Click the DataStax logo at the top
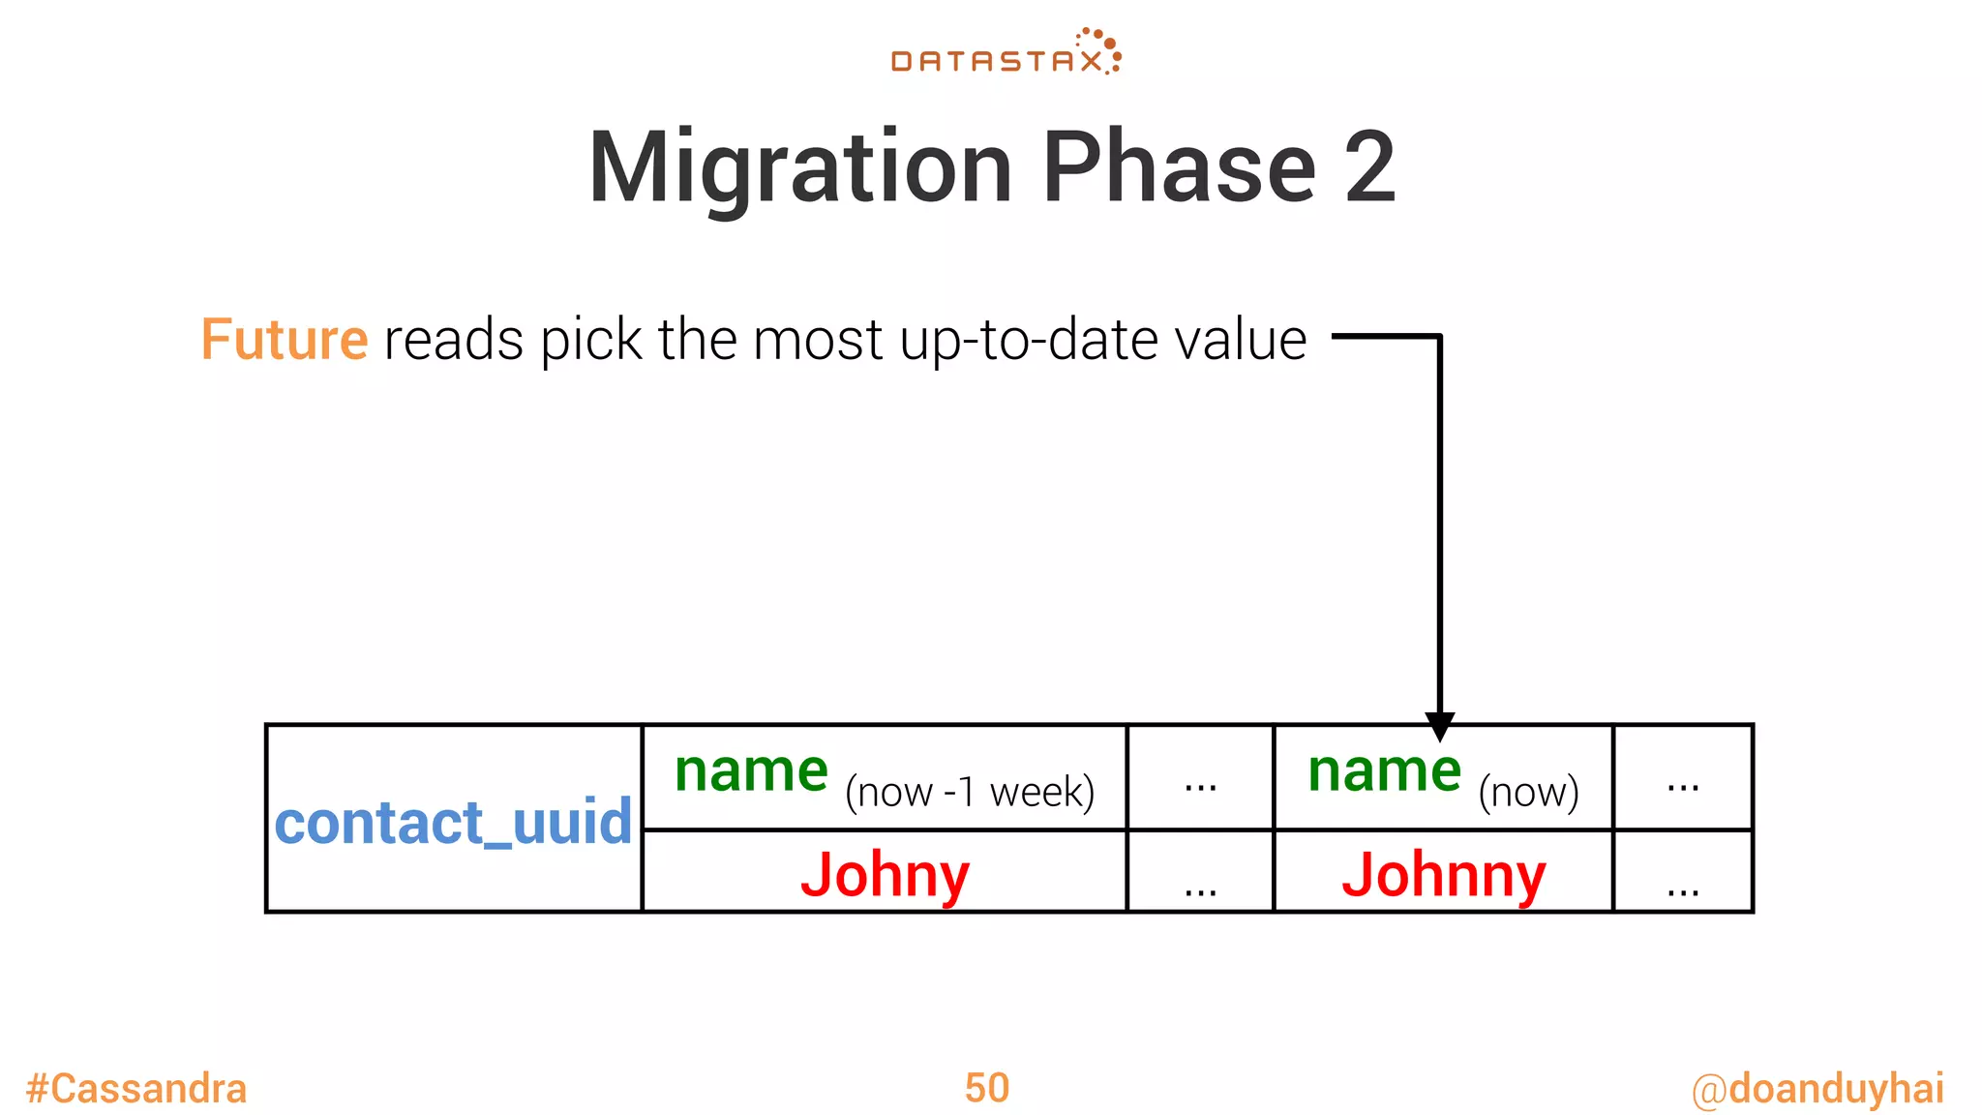(1006, 53)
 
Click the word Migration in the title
(799, 168)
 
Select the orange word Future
(284, 340)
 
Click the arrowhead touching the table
(1439, 726)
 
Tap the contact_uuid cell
(453, 822)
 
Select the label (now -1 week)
(970, 792)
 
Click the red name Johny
(885, 875)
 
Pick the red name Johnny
(1443, 875)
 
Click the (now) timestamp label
(1528, 792)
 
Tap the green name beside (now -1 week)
(751, 771)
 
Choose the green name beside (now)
(1384, 771)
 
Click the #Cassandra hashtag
(136, 1089)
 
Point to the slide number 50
(987, 1088)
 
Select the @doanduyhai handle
(1817, 1089)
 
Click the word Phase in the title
(1179, 168)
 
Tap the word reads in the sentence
(454, 340)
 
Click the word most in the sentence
(818, 340)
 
